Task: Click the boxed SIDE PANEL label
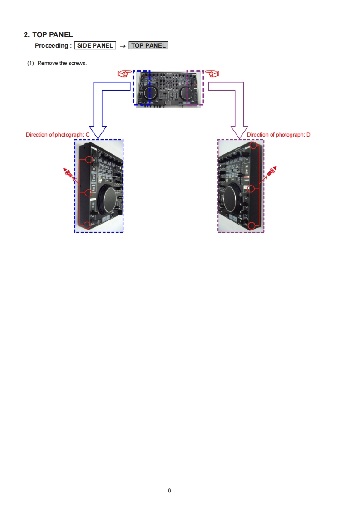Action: [95, 45]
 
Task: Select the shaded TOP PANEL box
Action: [148, 45]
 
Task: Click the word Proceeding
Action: [52, 46]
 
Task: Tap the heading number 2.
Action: [26, 34]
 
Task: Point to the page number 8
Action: [169, 490]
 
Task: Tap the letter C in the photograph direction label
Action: [88, 135]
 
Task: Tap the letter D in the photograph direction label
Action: [308, 135]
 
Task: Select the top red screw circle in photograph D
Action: [253, 146]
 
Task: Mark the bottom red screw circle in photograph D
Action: [252, 225]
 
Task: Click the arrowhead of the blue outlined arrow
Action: [98, 132]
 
